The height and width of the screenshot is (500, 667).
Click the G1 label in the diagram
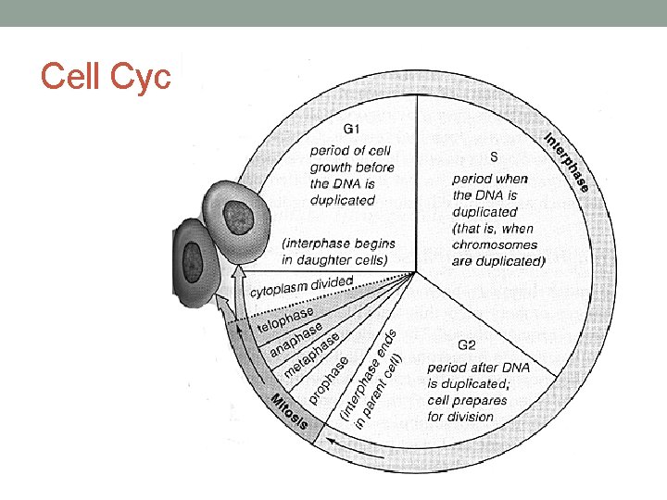tap(354, 128)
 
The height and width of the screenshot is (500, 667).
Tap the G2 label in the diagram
tap(465, 345)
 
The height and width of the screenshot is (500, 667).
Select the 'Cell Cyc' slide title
tap(106, 78)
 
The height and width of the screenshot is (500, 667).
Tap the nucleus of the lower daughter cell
tap(194, 256)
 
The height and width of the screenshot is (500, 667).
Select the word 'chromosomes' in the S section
tap(495, 245)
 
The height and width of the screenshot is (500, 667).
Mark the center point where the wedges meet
tap(415, 273)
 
